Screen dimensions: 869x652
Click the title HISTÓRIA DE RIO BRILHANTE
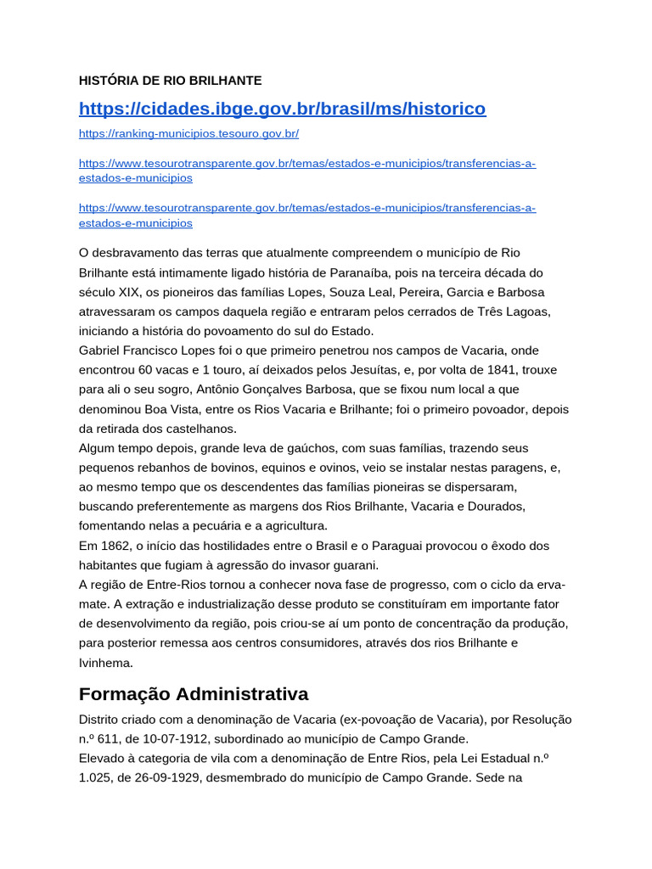click(x=170, y=81)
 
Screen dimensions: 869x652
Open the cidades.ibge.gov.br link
click(x=282, y=109)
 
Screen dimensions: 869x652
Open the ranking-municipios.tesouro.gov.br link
click(x=188, y=134)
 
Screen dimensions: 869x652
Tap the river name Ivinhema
click(x=106, y=663)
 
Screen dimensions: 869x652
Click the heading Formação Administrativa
click(x=194, y=694)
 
